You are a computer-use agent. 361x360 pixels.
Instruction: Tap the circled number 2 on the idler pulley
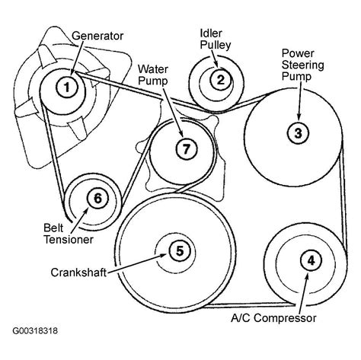(x=219, y=78)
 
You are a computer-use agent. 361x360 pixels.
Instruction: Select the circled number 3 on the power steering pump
(x=299, y=132)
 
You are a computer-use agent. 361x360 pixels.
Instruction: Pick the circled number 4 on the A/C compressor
(x=310, y=261)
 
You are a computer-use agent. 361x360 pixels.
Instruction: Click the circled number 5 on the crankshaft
(x=177, y=250)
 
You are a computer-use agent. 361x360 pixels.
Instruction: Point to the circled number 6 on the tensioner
(x=97, y=199)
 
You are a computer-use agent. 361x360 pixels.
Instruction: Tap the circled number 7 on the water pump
(x=184, y=148)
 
